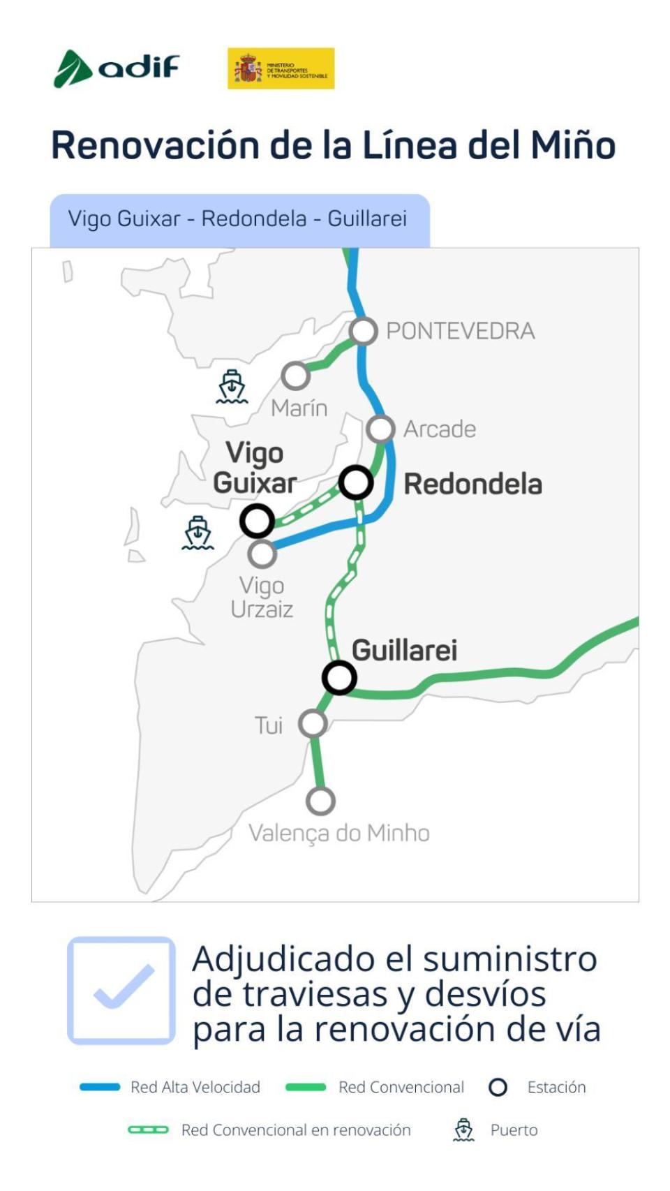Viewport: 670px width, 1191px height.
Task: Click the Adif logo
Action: click(x=117, y=68)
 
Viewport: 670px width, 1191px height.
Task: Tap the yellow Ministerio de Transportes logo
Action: click(x=281, y=68)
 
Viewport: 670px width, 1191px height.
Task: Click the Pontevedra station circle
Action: click(x=364, y=331)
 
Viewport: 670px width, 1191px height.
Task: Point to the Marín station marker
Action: click(x=296, y=376)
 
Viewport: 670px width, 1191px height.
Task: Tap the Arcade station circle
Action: click(x=380, y=429)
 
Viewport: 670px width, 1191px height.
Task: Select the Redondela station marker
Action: click(x=356, y=482)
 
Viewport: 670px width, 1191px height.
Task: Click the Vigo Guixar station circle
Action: click(x=257, y=520)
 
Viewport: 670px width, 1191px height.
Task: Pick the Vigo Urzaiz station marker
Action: click(x=262, y=554)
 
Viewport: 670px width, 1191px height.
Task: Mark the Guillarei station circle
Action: click(x=339, y=677)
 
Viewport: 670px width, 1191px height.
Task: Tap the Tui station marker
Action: click(x=313, y=724)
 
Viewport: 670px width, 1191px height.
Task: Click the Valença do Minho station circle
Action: click(x=320, y=801)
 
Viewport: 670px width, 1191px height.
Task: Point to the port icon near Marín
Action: click(x=232, y=387)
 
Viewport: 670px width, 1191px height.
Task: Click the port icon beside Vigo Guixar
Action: click(x=198, y=533)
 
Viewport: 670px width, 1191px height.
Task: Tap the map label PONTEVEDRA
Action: click(x=461, y=331)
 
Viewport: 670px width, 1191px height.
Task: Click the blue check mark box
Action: click(x=121, y=990)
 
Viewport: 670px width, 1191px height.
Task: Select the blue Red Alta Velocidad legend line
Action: click(x=100, y=1087)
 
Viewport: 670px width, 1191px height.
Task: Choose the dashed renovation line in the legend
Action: click(x=148, y=1130)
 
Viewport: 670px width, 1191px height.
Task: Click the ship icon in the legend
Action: click(x=463, y=1130)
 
